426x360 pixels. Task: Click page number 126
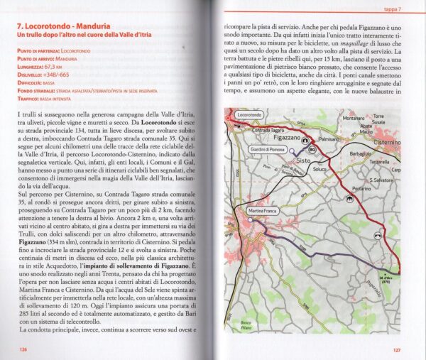(x=23, y=349)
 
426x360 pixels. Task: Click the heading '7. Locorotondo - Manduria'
(x=63, y=28)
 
